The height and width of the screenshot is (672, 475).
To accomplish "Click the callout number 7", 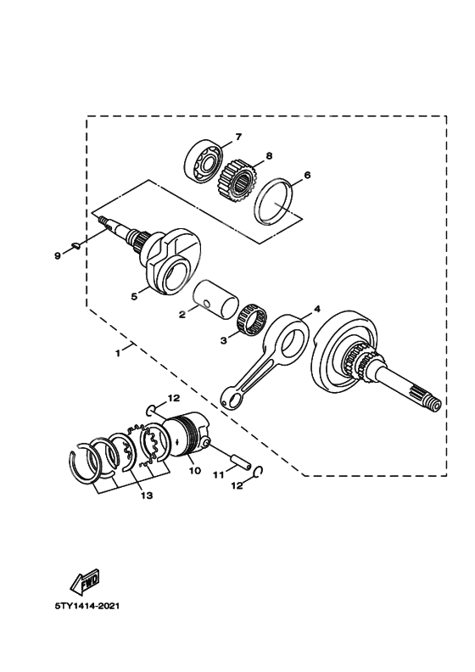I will (x=239, y=137).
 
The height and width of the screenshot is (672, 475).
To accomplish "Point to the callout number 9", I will (x=57, y=253).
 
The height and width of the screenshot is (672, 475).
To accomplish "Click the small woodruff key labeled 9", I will (x=75, y=247).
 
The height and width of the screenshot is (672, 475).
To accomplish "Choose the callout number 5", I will (x=133, y=297).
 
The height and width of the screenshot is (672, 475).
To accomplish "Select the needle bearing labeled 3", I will (x=252, y=324).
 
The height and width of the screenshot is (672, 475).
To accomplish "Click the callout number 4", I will (x=317, y=311).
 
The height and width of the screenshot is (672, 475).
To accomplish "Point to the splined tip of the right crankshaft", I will (x=431, y=403).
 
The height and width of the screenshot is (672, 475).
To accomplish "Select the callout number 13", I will (x=147, y=496).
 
